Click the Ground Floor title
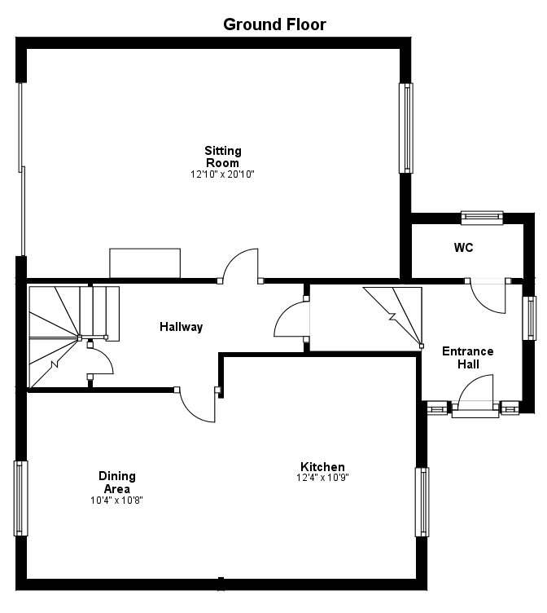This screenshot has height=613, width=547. [274, 24]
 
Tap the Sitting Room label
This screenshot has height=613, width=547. [222, 157]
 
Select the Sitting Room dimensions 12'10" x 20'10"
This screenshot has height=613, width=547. [222, 174]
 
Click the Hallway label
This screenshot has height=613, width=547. [181, 327]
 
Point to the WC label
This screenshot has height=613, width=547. [463, 247]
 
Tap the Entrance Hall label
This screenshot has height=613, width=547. [467, 358]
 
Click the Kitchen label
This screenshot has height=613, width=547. [322, 467]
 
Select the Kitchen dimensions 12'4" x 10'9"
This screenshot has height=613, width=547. [322, 478]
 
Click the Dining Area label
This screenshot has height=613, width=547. [117, 482]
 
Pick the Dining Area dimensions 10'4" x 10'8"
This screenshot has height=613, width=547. [117, 500]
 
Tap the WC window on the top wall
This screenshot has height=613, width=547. [483, 217]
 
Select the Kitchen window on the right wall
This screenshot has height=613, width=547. [422, 502]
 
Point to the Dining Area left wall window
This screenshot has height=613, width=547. [20, 497]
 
